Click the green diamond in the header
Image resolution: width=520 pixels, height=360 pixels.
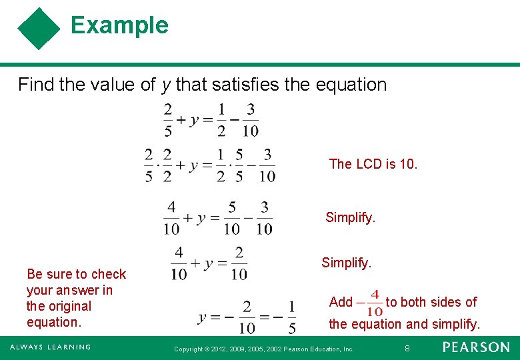tap(39, 29)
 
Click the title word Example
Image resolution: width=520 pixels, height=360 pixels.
tap(119, 25)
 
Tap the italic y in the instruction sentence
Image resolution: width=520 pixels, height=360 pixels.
tap(165, 85)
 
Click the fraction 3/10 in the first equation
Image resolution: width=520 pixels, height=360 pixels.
tap(251, 119)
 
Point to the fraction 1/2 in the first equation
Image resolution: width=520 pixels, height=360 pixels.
tap(221, 119)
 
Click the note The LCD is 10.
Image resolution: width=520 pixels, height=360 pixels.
tap(373, 164)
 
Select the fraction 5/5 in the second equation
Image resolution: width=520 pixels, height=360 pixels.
tap(239, 165)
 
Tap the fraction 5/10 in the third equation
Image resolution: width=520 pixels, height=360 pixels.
tap(231, 218)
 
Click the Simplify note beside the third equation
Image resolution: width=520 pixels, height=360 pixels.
tap(350, 217)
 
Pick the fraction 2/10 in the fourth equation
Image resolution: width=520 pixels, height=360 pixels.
tap(239, 263)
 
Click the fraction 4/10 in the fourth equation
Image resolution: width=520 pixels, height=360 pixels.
tap(179, 263)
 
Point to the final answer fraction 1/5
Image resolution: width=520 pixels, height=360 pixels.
tap(291, 317)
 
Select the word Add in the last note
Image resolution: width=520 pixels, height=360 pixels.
tap(341, 302)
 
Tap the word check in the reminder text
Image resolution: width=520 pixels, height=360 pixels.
tap(109, 274)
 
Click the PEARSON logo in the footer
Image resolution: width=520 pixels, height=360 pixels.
tap(476, 347)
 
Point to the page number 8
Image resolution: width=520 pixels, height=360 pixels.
tap(407, 348)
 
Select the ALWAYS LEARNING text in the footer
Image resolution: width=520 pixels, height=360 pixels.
tap(50, 347)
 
